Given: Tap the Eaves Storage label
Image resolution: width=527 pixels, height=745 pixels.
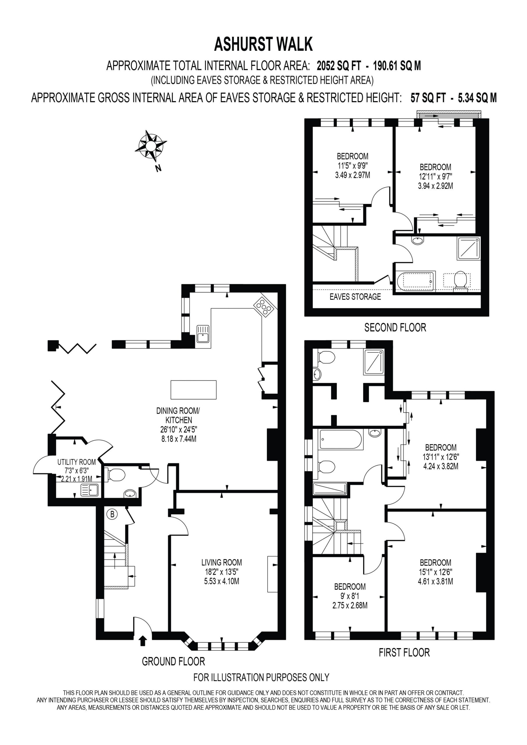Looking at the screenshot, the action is pyautogui.click(x=355, y=297).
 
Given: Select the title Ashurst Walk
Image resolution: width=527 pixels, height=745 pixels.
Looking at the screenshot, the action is pyautogui.click(x=263, y=45).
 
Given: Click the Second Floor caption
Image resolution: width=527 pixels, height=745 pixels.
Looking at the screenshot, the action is pyautogui.click(x=395, y=327).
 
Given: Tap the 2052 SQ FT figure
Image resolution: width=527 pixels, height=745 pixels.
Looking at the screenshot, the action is pyautogui.click(x=339, y=66).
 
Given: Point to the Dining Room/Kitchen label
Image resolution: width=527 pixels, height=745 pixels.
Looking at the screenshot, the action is pyautogui.click(x=178, y=415).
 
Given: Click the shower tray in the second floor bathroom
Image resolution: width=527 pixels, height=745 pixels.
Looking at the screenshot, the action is pyautogui.click(x=468, y=248).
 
